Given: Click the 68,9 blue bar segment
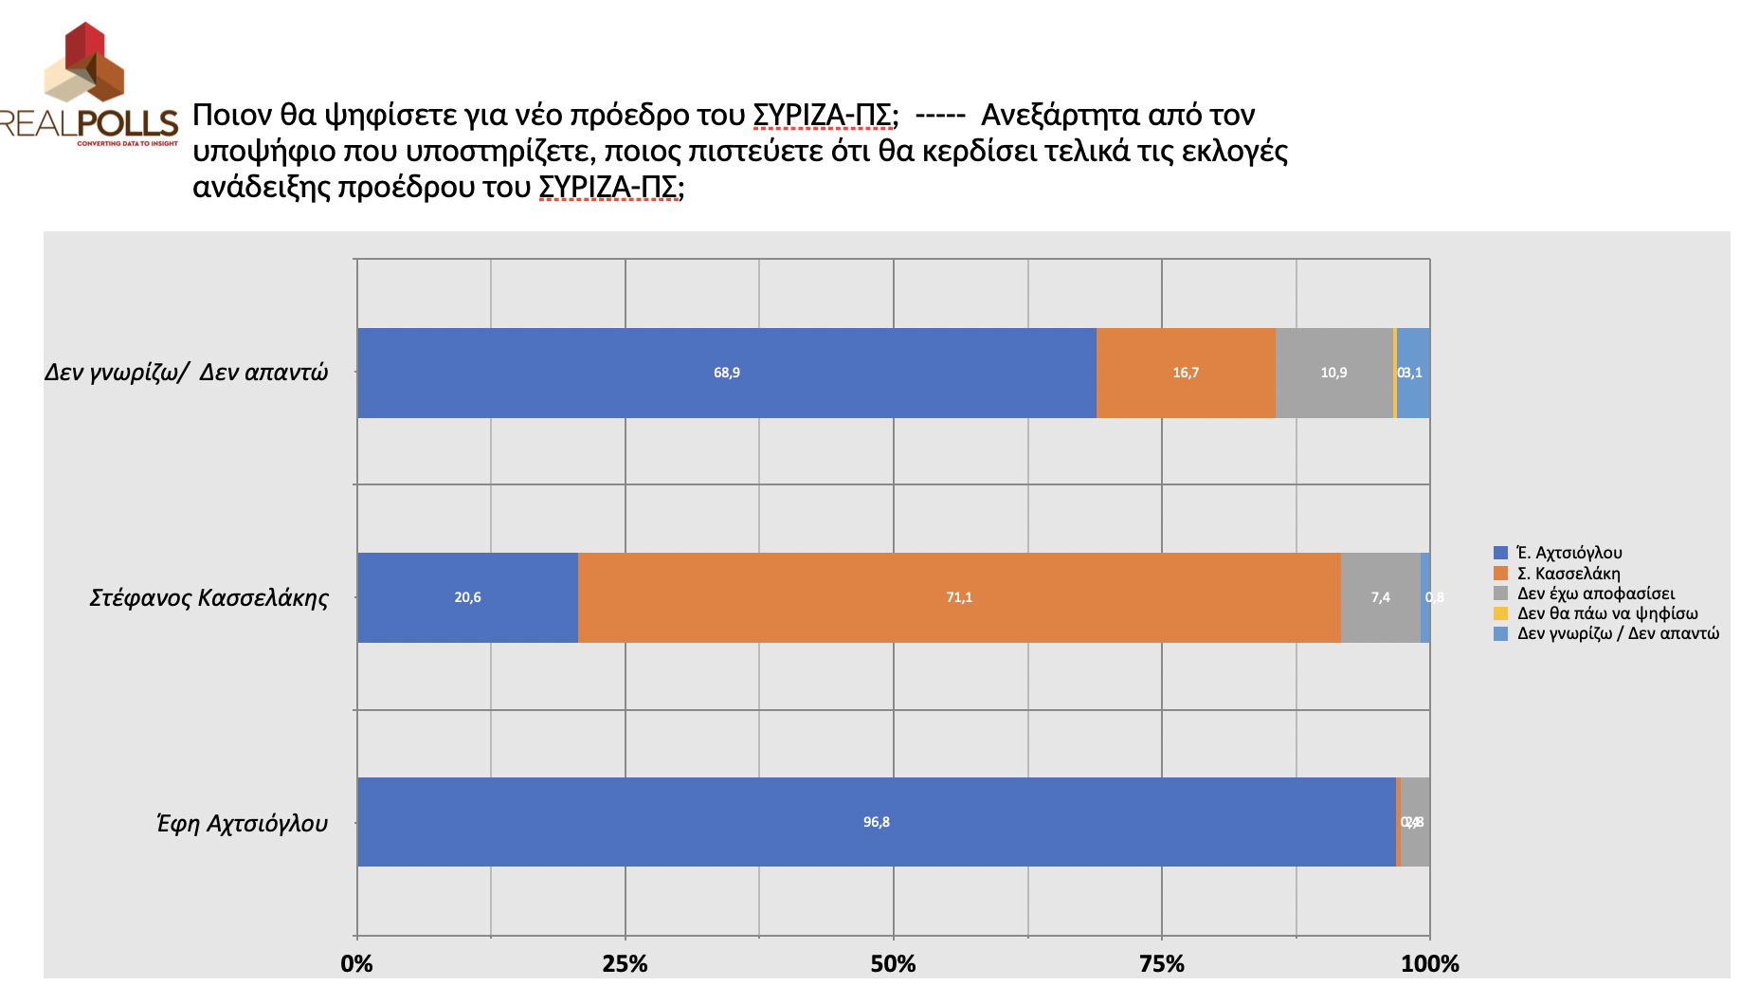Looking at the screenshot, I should click(726, 373).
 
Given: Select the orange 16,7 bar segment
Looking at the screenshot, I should click(1185, 373).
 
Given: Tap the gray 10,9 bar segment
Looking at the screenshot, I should click(1333, 373).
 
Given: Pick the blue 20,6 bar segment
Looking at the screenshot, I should click(467, 597).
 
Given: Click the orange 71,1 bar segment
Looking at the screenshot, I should click(958, 597).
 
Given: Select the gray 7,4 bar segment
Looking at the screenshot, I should click(1380, 597).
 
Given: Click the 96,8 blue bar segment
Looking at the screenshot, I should click(876, 822).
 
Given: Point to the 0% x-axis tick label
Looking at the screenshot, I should click(356, 964).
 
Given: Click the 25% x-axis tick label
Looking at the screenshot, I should click(625, 964).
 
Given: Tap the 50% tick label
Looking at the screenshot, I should click(893, 964).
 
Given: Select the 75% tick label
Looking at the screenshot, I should click(1161, 964).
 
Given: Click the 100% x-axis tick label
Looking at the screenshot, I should click(1429, 964).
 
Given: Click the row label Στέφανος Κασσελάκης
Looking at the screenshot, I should click(209, 598).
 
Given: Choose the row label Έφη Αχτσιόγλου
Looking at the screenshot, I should click(242, 823).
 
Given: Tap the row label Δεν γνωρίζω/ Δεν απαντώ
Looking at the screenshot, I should click(186, 373).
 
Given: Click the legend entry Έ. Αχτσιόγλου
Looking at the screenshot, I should click(1569, 553).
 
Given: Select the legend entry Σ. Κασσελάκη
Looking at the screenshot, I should click(1568, 574).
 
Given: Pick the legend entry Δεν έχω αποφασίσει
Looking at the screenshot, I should click(1595, 593).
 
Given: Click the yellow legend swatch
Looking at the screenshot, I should click(1500, 613).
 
